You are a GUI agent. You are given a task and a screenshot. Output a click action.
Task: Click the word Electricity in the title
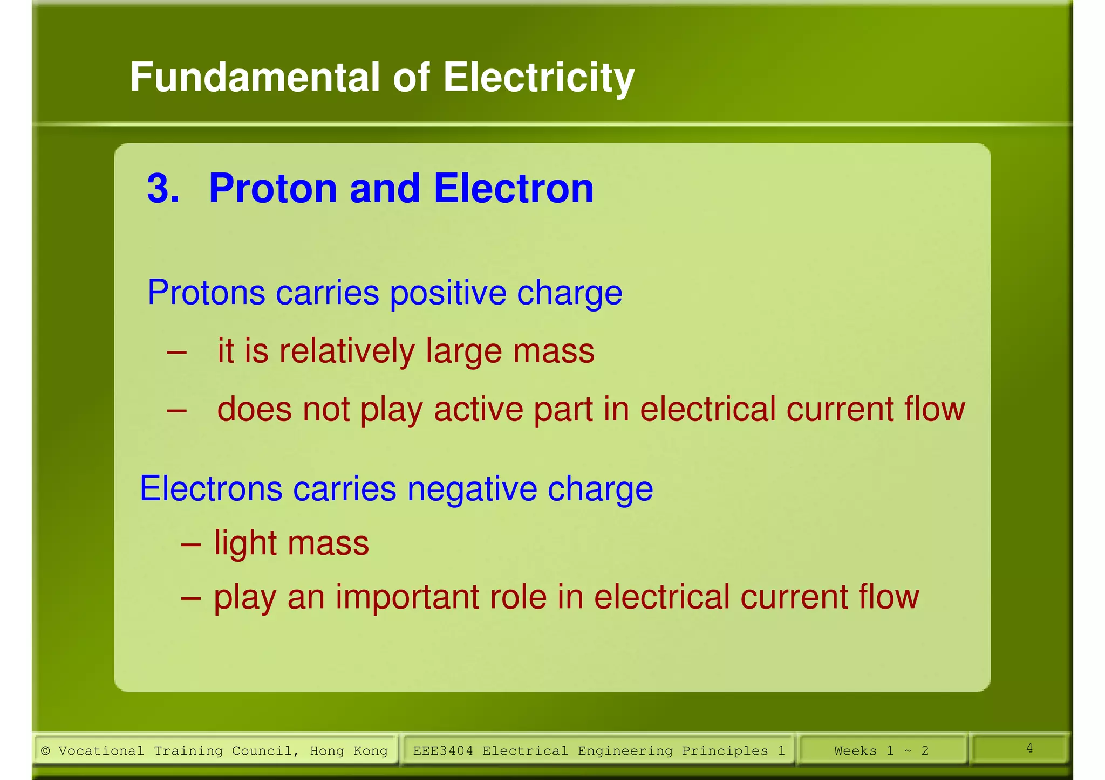538,78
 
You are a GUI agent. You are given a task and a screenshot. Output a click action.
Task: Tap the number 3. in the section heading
163,189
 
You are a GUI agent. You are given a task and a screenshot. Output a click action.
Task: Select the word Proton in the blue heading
273,189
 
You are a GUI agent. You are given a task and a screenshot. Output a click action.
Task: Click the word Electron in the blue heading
513,189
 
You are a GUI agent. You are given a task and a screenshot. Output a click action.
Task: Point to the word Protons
206,293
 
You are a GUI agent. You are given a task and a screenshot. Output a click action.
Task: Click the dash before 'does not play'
176,410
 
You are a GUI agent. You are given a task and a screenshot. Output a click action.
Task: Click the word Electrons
210,489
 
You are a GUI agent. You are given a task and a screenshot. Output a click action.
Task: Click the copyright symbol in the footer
46,750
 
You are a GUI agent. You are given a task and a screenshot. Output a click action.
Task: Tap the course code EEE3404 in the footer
442,750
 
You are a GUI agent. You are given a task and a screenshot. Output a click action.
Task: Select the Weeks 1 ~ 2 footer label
881,750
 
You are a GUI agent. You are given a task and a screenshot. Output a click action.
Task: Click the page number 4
1029,748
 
